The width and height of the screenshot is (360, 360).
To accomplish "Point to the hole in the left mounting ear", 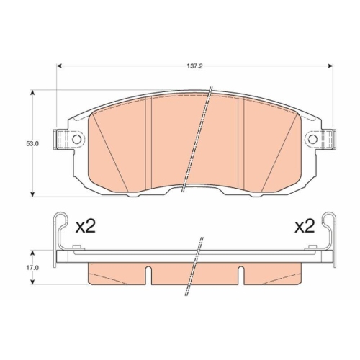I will [70, 139].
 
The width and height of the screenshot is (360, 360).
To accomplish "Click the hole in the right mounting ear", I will [312, 139].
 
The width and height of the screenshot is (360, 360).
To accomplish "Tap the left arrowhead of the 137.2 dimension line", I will [60, 66].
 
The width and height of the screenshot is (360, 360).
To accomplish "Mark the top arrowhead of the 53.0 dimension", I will [34, 93].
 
